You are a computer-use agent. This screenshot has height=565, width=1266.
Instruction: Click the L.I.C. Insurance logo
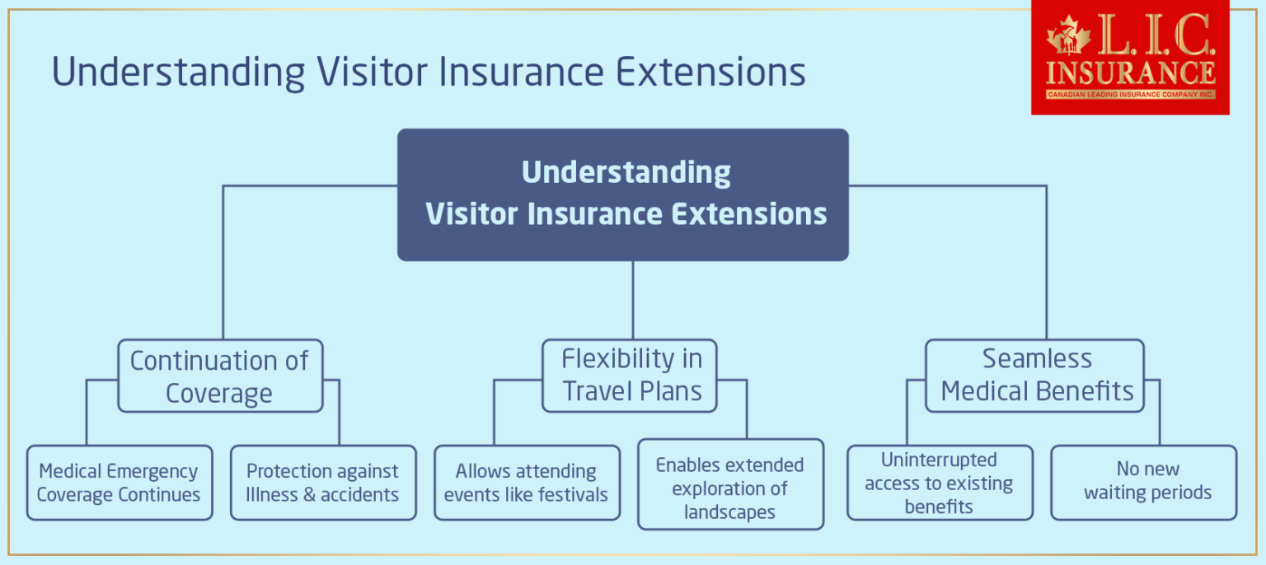(x=1129, y=58)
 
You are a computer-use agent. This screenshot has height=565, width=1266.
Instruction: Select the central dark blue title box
(x=623, y=194)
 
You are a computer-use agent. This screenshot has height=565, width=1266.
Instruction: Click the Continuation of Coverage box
(x=219, y=376)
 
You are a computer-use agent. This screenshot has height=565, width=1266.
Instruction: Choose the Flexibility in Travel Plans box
(x=629, y=376)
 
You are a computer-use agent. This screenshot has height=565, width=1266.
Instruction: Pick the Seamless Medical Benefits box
(x=1034, y=376)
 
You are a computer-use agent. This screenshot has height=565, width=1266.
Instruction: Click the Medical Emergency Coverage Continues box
(x=119, y=483)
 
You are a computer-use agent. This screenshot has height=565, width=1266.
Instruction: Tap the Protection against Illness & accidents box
(x=322, y=483)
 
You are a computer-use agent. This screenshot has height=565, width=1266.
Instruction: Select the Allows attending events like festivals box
(x=527, y=483)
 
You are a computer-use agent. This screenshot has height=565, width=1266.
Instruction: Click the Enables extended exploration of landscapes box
(x=729, y=488)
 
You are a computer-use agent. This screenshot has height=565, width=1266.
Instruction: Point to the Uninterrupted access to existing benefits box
(x=939, y=483)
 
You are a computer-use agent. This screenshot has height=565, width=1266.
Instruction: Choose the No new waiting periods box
(x=1143, y=483)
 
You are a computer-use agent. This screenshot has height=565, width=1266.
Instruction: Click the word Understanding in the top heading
(x=178, y=72)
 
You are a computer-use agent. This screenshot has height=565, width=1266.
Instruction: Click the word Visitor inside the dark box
(x=471, y=214)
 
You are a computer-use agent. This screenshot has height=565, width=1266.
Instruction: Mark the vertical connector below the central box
(x=632, y=300)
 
